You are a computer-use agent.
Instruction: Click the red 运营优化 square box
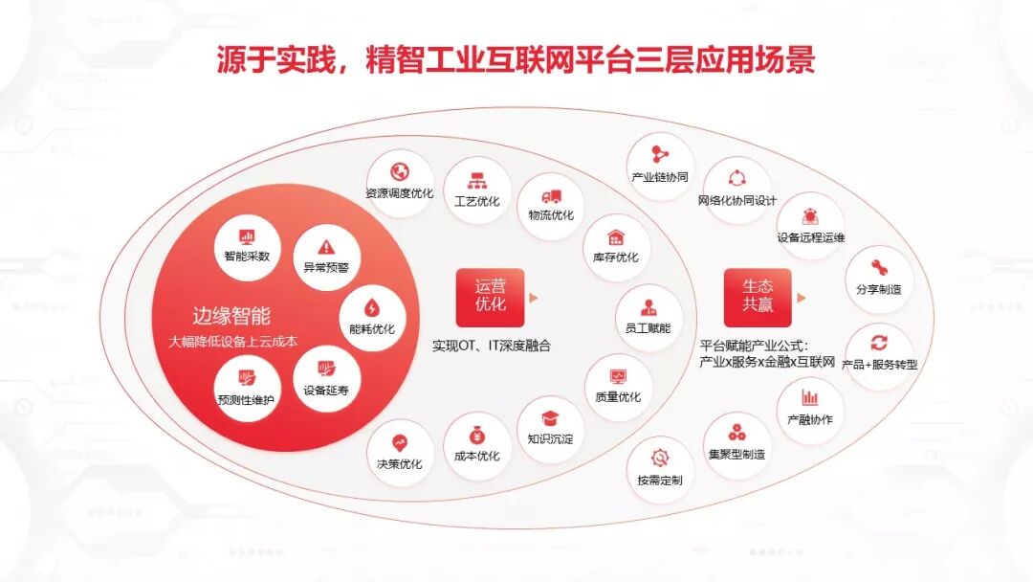click(x=491, y=297)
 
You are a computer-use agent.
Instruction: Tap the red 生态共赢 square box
click(x=758, y=297)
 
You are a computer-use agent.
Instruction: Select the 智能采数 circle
click(x=247, y=244)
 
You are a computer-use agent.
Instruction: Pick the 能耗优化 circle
click(x=372, y=317)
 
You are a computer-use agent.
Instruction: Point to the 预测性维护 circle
click(x=247, y=387)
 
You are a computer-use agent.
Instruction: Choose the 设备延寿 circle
click(x=326, y=378)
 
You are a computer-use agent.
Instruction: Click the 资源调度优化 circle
click(x=399, y=182)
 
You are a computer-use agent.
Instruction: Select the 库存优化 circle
click(x=615, y=246)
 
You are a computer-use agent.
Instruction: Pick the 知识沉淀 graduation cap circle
click(x=550, y=428)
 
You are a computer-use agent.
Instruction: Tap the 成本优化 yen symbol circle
click(x=476, y=444)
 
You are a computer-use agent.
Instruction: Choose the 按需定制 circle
click(x=660, y=467)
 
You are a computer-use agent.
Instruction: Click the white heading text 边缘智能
click(x=231, y=316)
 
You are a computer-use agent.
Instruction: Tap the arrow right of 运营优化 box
click(x=534, y=298)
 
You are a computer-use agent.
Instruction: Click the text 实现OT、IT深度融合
click(x=491, y=346)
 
